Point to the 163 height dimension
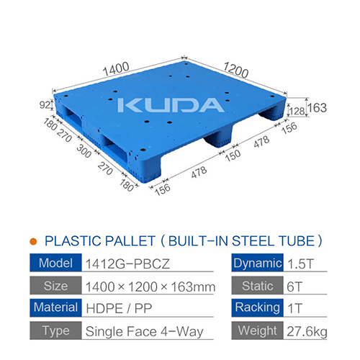(x=318, y=108)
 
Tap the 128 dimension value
(x=296, y=111)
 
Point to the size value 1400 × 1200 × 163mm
(x=150, y=287)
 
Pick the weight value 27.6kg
(x=308, y=332)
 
